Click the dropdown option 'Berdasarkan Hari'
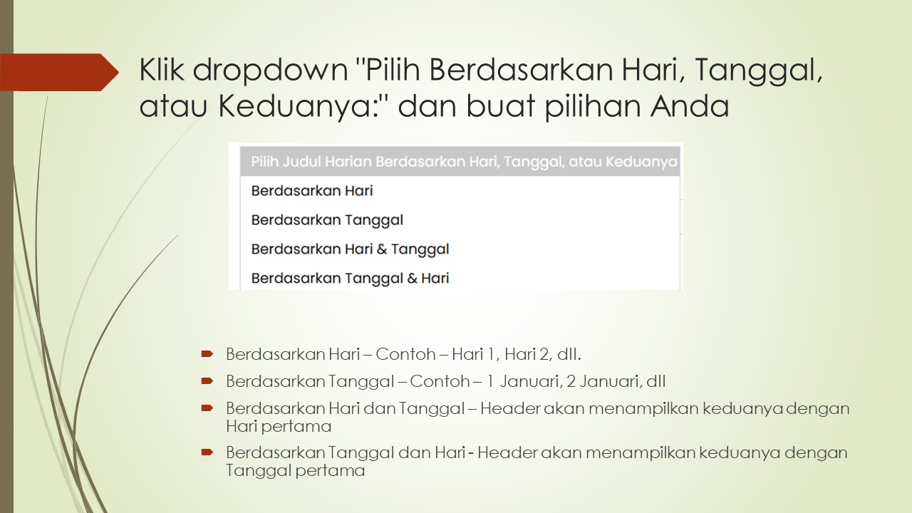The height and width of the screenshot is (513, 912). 312,191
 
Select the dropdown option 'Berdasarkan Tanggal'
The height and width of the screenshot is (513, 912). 327,220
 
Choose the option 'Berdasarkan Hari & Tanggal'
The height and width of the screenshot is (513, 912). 350,249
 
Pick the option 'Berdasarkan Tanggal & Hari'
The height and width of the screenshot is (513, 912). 350,278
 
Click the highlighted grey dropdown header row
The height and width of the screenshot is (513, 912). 460,162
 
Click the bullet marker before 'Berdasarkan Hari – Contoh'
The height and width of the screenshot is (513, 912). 207,353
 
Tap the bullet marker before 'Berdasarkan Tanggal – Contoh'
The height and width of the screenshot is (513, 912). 207,380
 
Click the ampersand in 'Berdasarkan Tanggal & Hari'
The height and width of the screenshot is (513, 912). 412,278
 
